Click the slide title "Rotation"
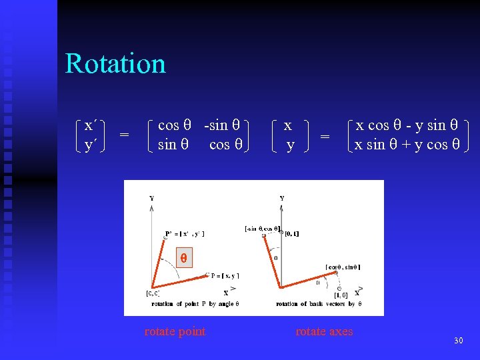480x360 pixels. click(115, 64)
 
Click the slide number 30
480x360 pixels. click(458, 341)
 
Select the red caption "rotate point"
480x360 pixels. click(175, 331)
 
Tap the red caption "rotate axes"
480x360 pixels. click(324, 331)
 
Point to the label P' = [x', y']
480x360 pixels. click(185, 233)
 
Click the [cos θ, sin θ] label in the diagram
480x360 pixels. click(343, 267)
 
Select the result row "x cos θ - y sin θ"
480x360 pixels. click(407, 125)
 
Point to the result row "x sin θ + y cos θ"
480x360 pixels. click(407, 145)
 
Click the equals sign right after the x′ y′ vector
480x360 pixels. click(124, 135)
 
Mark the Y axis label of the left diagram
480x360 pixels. click(151, 198)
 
